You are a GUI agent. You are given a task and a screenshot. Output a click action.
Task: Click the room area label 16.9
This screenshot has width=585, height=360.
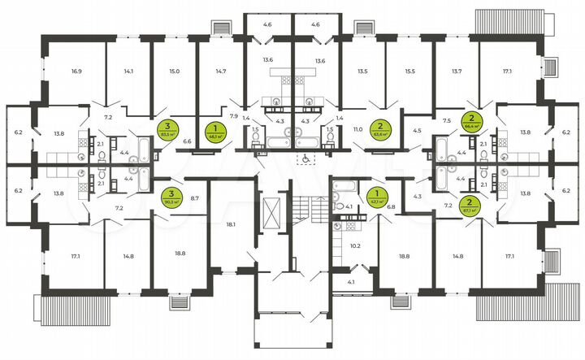(x=76, y=72)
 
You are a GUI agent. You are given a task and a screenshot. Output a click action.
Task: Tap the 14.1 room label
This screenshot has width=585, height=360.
(x=128, y=72)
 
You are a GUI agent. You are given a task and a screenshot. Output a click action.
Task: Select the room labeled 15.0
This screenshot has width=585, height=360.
(x=174, y=72)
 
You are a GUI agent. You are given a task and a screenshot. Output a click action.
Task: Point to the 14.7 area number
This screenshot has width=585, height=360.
(x=220, y=72)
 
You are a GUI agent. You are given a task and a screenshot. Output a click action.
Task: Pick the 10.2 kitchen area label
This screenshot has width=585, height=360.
(x=354, y=245)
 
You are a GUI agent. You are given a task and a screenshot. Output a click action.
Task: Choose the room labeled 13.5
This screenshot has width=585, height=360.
(x=362, y=72)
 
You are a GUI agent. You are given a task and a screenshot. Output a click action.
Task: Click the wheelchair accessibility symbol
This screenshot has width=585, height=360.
(x=305, y=159)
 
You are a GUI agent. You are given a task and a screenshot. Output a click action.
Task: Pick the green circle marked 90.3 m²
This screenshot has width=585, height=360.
(x=171, y=196)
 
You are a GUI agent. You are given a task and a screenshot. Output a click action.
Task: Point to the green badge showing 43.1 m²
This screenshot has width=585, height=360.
(x=376, y=196)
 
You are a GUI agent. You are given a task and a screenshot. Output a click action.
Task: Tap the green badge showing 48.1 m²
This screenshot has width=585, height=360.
(x=214, y=130)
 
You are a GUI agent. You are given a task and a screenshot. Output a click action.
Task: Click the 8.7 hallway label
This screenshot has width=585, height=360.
(x=195, y=197)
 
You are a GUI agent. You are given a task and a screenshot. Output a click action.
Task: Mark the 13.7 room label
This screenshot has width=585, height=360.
(x=456, y=72)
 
